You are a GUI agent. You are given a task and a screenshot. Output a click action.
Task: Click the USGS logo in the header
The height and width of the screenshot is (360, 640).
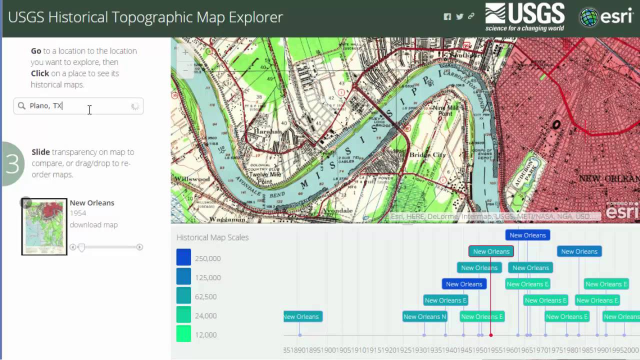tap(524, 16)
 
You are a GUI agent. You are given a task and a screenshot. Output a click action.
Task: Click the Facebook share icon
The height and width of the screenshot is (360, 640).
tap(447, 16)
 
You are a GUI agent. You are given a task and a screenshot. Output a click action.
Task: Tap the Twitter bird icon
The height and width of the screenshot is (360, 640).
tap(459, 16)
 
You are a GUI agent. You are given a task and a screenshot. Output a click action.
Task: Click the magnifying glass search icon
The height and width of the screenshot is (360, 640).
tap(21, 106)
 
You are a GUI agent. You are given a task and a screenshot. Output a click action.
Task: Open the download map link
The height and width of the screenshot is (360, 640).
tap(93, 225)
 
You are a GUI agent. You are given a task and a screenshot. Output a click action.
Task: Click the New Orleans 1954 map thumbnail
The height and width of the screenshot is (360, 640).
tap(44, 226)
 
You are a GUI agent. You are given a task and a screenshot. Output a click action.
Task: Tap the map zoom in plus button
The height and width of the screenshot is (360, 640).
tap(185, 52)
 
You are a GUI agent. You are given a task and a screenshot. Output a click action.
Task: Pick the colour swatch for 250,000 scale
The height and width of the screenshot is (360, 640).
tap(183, 257)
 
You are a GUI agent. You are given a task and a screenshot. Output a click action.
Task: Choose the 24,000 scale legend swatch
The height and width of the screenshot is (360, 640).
tap(183, 315)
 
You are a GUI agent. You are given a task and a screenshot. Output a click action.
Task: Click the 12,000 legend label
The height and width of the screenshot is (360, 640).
tap(205, 335)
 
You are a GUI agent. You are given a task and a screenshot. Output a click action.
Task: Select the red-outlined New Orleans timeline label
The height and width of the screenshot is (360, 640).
tap(491, 251)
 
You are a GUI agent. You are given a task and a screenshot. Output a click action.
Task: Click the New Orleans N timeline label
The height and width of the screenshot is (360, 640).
tap(424, 316)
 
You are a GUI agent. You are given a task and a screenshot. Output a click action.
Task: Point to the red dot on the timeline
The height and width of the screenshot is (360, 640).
tap(491, 335)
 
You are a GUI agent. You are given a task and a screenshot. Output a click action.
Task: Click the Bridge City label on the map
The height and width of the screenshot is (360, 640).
tap(427, 155)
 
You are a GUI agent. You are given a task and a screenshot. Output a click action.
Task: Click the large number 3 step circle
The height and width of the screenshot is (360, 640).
tap(12, 164)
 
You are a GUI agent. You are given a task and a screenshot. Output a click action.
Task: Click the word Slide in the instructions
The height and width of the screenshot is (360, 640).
tap(40, 152)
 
